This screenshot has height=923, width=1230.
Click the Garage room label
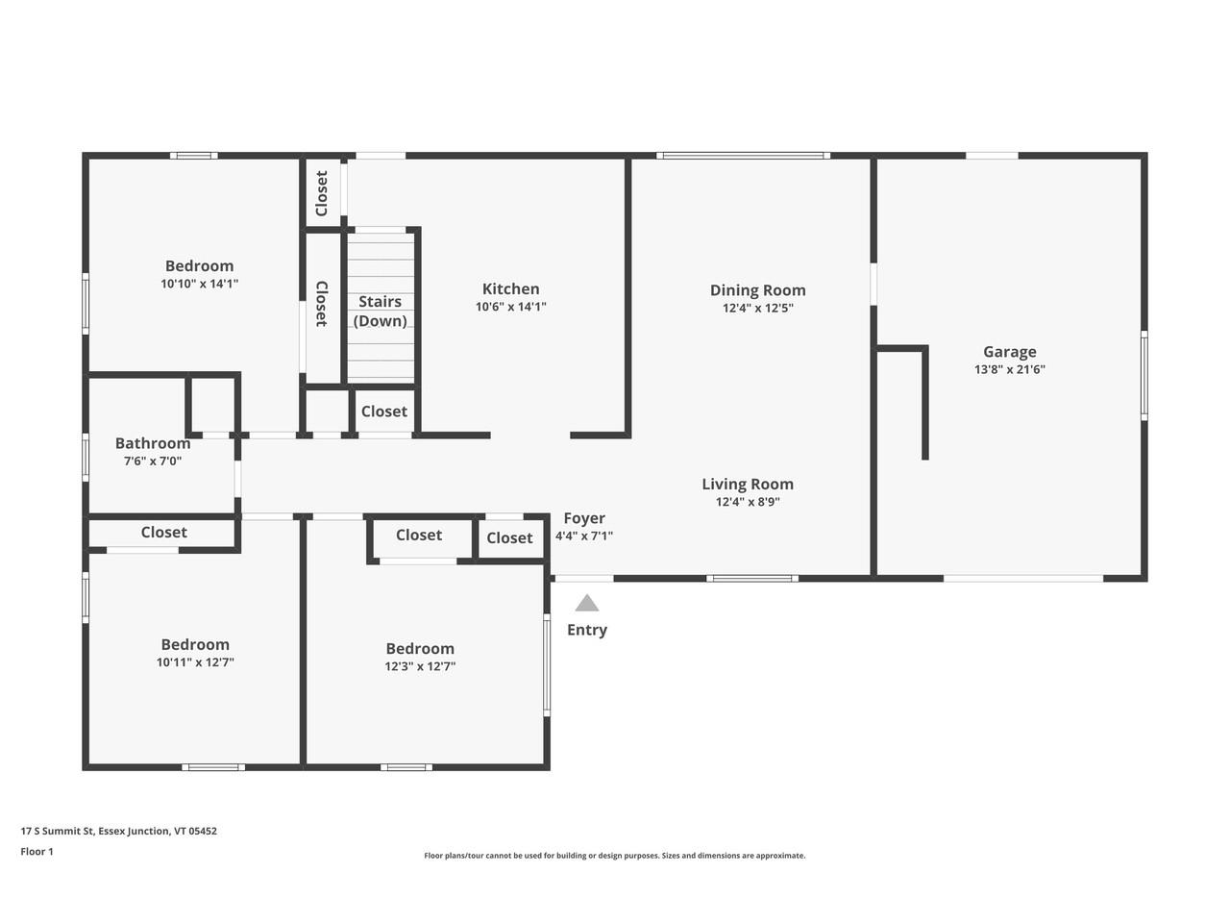[x=1009, y=352]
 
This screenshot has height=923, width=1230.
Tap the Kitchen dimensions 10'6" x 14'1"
[x=510, y=307]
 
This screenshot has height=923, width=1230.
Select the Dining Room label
[x=757, y=290]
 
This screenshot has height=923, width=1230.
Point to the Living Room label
[x=747, y=485]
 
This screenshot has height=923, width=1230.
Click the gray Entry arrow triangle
[x=586, y=604]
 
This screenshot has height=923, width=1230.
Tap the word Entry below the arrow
[x=586, y=630]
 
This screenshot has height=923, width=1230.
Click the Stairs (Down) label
[x=380, y=312]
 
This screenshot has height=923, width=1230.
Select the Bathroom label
[x=153, y=443]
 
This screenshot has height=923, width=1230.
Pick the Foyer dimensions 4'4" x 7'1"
[x=583, y=536]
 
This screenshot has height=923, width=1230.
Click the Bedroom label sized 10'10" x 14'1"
[x=199, y=266]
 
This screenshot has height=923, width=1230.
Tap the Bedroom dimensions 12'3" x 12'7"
[x=420, y=666]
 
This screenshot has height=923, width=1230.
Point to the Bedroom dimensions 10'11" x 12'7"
[x=195, y=662]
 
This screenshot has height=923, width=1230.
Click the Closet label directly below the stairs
[x=383, y=412]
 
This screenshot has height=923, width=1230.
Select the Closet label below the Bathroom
[x=163, y=533]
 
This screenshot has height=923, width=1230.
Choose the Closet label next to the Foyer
[x=509, y=538]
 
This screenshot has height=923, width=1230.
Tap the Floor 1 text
[x=37, y=851]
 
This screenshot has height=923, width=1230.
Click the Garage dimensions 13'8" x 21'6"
[x=1009, y=369]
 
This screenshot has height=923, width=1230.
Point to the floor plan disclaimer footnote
[x=615, y=856]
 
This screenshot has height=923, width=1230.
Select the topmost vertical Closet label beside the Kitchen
[x=322, y=193]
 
